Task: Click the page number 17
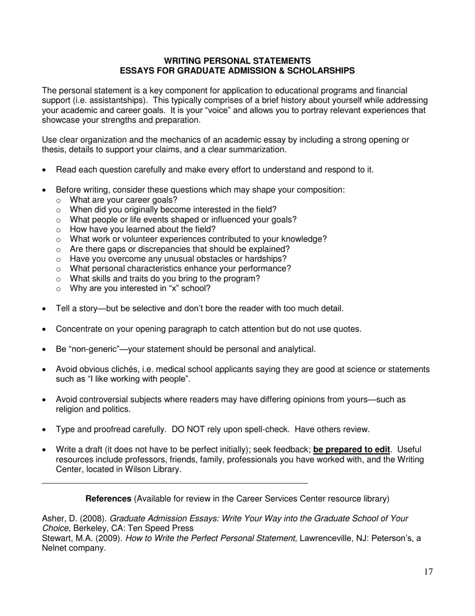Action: pyautogui.click(x=428, y=572)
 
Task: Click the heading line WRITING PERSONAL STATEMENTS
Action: pyautogui.click(x=237, y=61)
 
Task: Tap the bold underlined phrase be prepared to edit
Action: pyautogui.click(x=351, y=450)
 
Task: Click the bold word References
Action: pyautogui.click(x=108, y=499)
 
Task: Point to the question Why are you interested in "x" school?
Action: pyautogui.click(x=140, y=288)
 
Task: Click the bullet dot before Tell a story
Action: pyautogui.click(x=45, y=309)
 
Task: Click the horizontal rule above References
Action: pyautogui.click(x=175, y=483)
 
